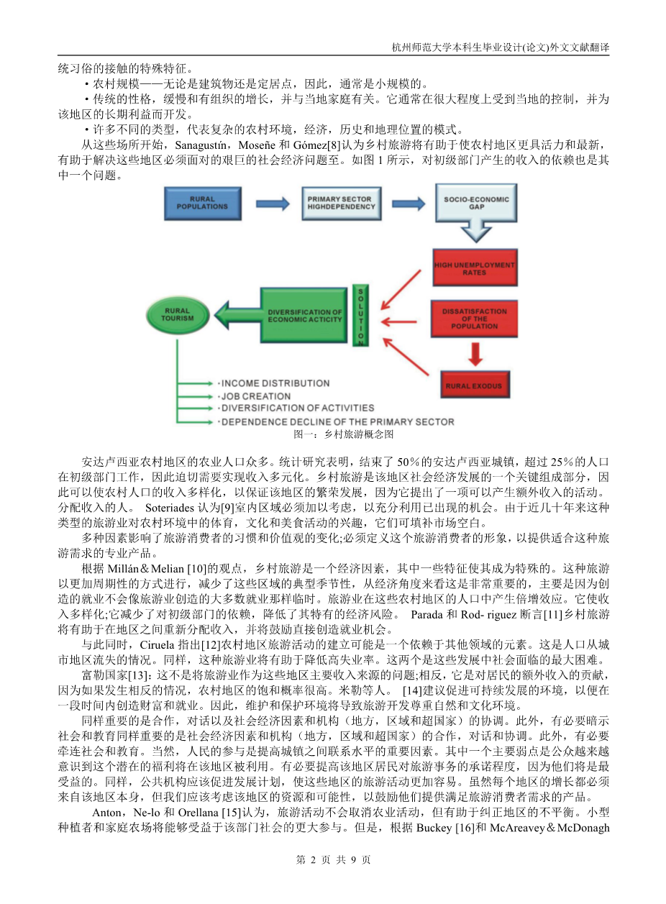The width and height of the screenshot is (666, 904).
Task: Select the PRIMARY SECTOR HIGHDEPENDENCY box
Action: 340,204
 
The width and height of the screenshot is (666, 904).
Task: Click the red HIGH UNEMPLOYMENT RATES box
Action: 474,270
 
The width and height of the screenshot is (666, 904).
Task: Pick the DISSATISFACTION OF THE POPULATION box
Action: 474,319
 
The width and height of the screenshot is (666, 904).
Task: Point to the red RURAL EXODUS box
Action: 474,386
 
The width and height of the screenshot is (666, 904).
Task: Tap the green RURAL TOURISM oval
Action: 178,314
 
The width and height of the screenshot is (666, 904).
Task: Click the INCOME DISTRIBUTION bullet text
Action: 275,383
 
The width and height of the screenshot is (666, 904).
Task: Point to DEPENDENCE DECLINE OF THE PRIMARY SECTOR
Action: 337,421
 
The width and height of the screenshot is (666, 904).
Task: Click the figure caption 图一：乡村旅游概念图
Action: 343,435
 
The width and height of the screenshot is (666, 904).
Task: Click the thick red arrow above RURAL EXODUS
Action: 475,353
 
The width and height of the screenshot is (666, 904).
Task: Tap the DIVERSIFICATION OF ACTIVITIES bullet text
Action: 297,408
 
